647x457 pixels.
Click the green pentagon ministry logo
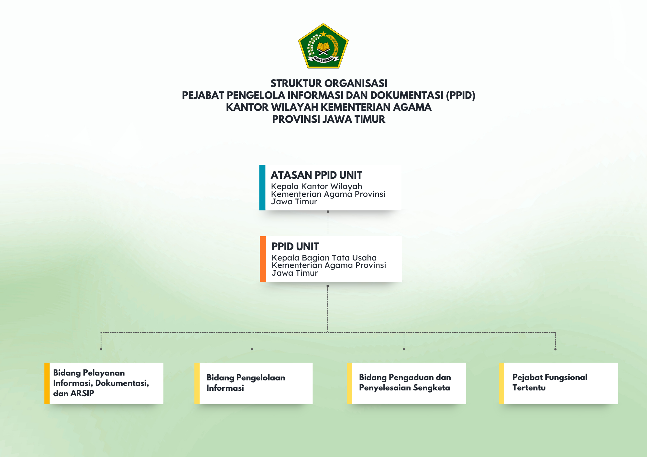tap(323, 46)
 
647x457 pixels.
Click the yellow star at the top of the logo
tap(323, 34)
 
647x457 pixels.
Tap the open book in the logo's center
tap(323, 46)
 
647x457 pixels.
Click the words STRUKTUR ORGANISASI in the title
tap(329, 83)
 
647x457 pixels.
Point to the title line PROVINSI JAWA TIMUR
tap(329, 119)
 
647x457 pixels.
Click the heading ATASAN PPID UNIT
tap(316, 175)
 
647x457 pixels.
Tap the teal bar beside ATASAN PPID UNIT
tap(262, 187)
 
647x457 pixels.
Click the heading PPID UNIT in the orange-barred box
tap(295, 247)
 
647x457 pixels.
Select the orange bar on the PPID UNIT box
tap(263, 259)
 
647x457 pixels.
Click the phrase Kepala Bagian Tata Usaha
tap(324, 258)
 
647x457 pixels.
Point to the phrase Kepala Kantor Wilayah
tap(316, 186)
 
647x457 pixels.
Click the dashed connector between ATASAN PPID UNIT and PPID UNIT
tap(328, 223)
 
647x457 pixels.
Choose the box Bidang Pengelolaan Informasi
tap(254, 383)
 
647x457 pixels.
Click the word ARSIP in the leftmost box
tap(82, 393)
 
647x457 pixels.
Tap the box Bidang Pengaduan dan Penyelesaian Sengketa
tap(406, 383)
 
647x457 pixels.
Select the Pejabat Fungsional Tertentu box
tap(558, 383)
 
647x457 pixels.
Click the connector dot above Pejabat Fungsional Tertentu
tap(555, 349)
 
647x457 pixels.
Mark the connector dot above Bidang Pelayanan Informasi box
tap(101, 349)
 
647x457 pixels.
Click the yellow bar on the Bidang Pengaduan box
tap(349, 383)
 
